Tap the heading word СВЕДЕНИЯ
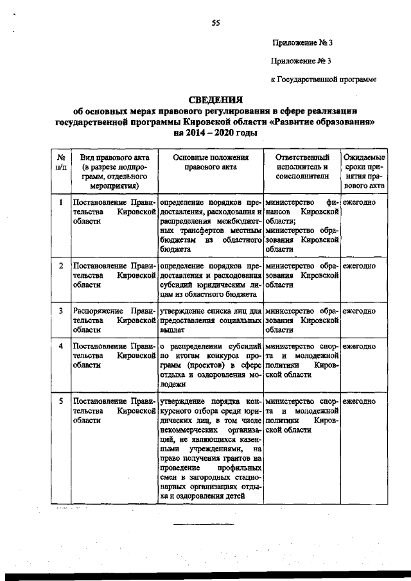click(x=215, y=100)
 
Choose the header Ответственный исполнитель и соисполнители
click(x=301, y=166)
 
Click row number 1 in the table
click(x=60, y=202)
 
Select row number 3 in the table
click(x=60, y=311)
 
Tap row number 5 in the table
click(x=60, y=401)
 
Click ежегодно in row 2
click(x=359, y=265)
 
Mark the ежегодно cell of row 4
click(x=359, y=347)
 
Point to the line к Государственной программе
click(x=322, y=80)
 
